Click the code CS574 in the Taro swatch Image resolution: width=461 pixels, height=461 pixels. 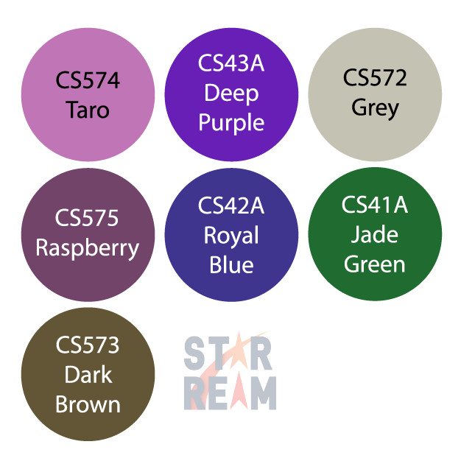pyautogui.click(x=88, y=80)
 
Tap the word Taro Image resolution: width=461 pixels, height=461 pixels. pyautogui.click(x=88, y=110)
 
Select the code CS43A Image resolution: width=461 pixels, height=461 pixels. pyautogui.click(x=230, y=64)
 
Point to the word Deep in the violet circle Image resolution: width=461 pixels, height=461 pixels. pyautogui.click(x=230, y=94)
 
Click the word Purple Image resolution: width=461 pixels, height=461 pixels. pyautogui.click(x=230, y=122)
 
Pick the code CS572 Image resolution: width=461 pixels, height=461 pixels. pyautogui.click(x=375, y=77)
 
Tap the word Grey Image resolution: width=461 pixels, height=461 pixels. pyautogui.click(x=375, y=108)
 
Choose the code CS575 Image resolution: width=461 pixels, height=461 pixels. pyautogui.click(x=87, y=218)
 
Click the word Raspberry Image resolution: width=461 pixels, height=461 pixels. pyautogui.click(x=88, y=247)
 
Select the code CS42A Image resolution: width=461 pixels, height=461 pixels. pyautogui.click(x=230, y=206)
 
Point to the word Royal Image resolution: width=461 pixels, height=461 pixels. pyautogui.click(x=230, y=236)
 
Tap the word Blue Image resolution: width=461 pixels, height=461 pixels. pyautogui.click(x=230, y=264)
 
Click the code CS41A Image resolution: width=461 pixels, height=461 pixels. pyautogui.click(x=375, y=205)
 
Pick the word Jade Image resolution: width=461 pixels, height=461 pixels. pyautogui.click(x=375, y=235)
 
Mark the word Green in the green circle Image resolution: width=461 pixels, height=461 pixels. pyautogui.click(x=375, y=264)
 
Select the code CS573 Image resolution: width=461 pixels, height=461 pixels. pyautogui.click(x=88, y=345)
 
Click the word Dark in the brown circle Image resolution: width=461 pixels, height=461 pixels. pyautogui.click(x=88, y=375)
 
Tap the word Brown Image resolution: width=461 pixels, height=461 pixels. pyautogui.click(x=88, y=404)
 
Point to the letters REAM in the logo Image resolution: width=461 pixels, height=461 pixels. pyautogui.click(x=230, y=394)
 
